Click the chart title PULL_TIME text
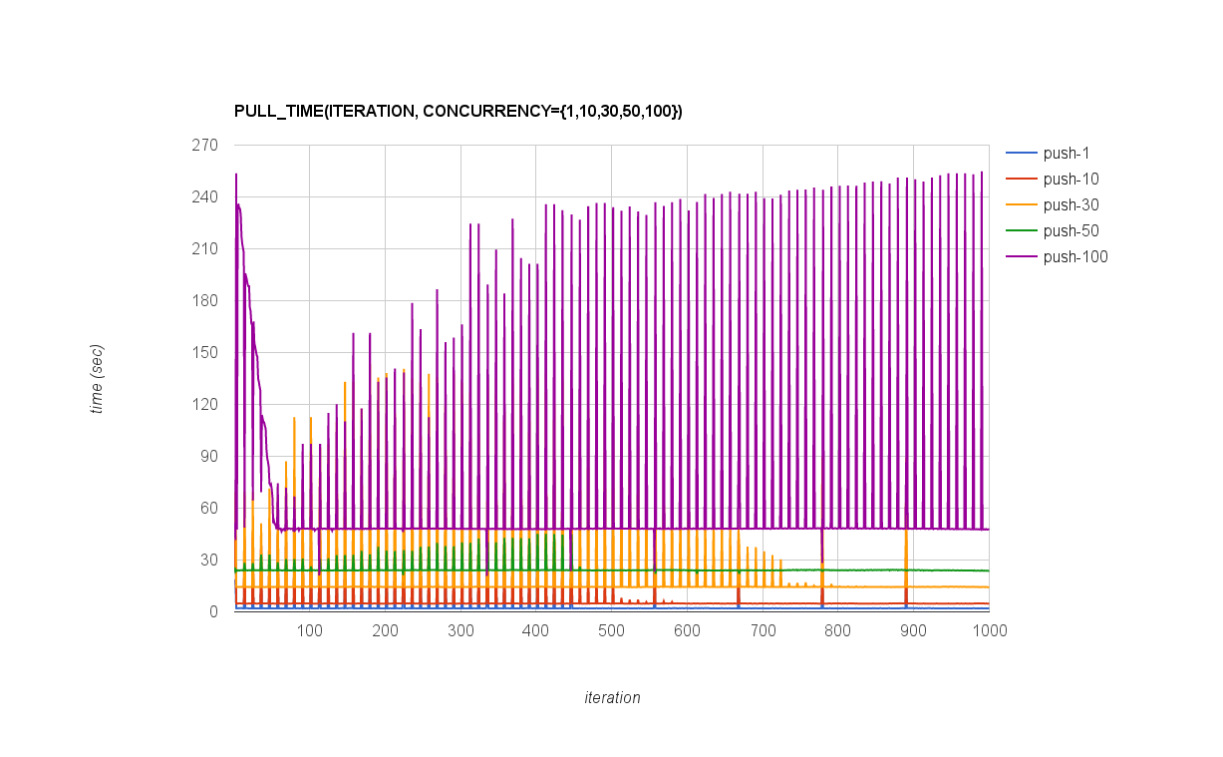tap(458, 111)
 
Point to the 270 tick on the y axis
tap(205, 146)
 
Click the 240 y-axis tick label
tap(205, 197)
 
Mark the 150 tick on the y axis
tap(205, 353)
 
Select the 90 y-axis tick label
tap(208, 457)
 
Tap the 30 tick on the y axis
tap(208, 561)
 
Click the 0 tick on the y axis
tap(213, 612)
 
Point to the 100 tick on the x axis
tap(309, 631)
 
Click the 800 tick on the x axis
tap(837, 631)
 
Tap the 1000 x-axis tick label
tap(988, 631)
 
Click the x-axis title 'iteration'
tap(612, 698)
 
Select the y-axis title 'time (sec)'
tap(97, 379)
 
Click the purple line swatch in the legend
tap(1021, 257)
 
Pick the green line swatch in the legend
tap(1021, 231)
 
